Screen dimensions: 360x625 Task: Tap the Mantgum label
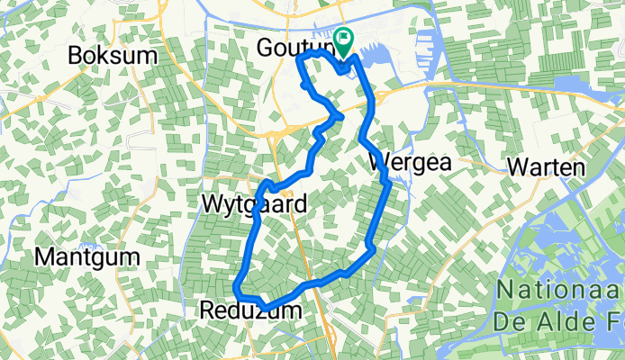point(87,257)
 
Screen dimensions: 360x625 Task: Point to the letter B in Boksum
point(76,56)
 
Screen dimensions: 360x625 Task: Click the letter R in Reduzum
point(205,311)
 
